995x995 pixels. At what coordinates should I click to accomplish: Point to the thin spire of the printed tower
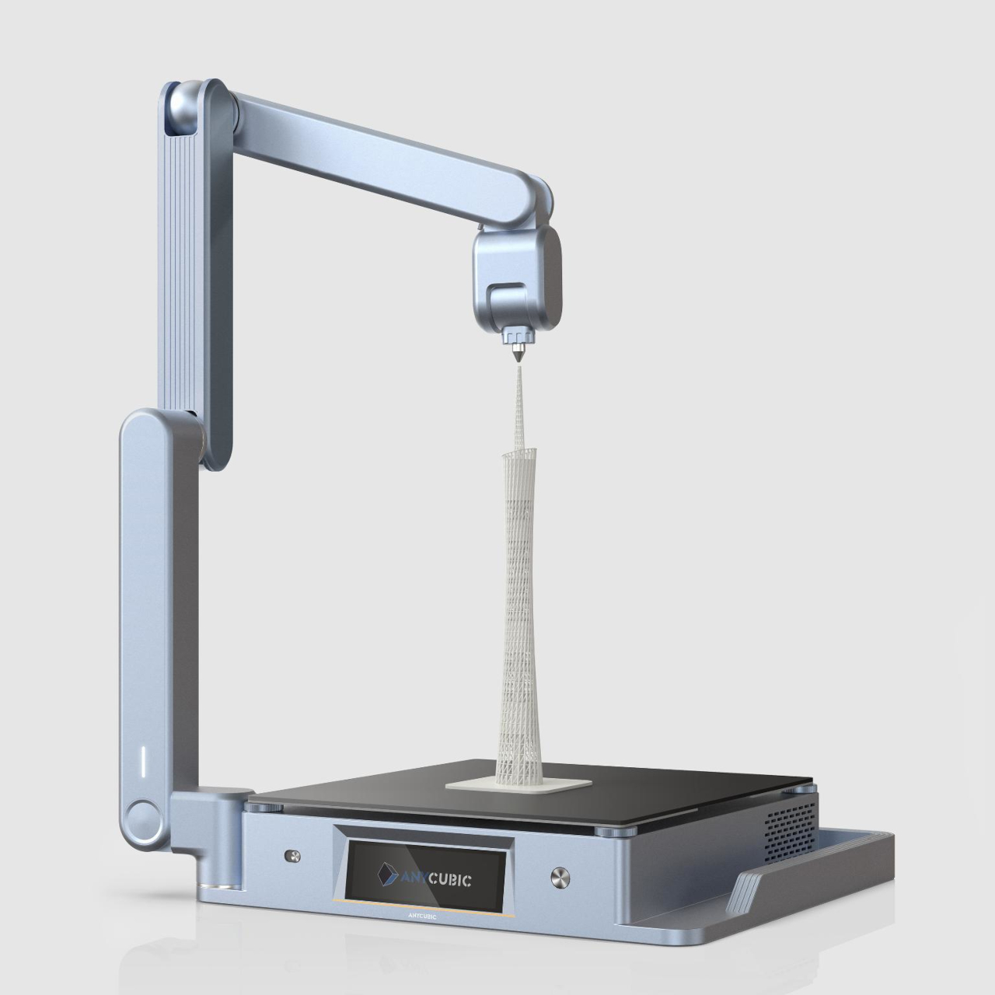coord(518,404)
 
